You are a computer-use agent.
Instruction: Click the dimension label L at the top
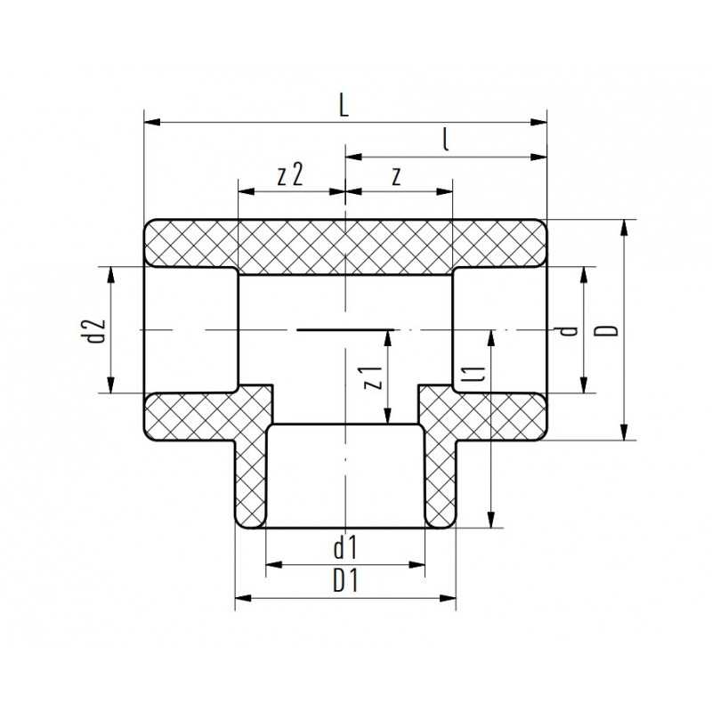pos(344,105)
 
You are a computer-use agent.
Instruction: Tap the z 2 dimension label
pos(290,174)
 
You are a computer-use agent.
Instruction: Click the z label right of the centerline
pos(397,175)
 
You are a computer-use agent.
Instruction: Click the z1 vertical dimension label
pos(375,377)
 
